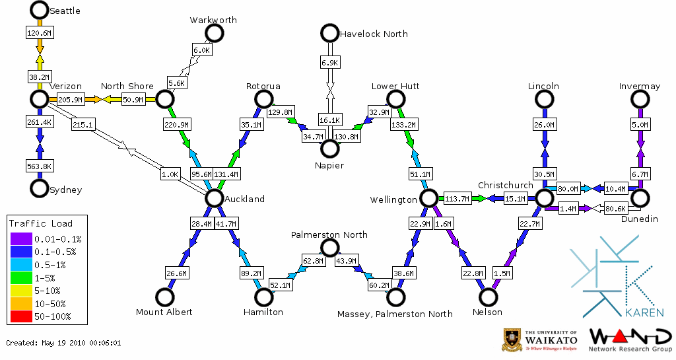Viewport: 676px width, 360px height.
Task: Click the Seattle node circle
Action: point(39,10)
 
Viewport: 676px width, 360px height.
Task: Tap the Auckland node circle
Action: point(214,198)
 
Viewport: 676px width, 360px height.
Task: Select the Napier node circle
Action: point(329,149)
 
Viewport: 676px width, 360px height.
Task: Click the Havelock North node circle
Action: point(329,33)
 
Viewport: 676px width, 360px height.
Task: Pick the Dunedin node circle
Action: point(640,198)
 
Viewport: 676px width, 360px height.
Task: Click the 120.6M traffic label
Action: point(39,32)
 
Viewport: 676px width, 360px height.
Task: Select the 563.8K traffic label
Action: point(39,166)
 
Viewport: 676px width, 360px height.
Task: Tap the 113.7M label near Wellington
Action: point(457,198)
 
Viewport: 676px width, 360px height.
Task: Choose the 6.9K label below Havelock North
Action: point(329,62)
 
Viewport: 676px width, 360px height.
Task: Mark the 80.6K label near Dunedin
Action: point(615,209)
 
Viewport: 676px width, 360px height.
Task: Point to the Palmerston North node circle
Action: point(329,248)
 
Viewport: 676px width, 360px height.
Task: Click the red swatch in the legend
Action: point(21,316)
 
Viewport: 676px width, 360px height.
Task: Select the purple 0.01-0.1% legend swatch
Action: point(21,238)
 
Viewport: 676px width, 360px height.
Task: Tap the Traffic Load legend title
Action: point(41,223)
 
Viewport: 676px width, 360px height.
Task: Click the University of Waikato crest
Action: point(512,340)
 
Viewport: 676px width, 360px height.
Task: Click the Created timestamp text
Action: point(63,343)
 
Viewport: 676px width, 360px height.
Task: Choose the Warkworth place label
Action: point(213,20)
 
